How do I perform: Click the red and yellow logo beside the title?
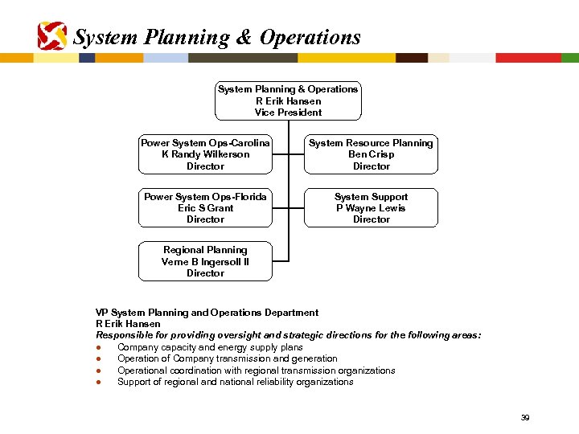(x=52, y=35)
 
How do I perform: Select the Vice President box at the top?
(x=288, y=100)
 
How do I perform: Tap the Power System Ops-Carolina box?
(x=205, y=154)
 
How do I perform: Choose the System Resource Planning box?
(x=371, y=154)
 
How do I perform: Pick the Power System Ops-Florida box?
(x=205, y=207)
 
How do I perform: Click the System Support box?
(x=371, y=207)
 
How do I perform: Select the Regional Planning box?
(x=205, y=261)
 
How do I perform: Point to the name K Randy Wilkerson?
(x=205, y=154)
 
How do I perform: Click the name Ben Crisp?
(x=371, y=154)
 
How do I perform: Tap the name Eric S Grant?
(x=205, y=207)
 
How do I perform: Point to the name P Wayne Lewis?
(x=371, y=207)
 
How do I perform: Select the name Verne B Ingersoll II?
(x=205, y=261)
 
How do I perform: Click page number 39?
(x=524, y=417)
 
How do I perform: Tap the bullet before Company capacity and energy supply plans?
(x=97, y=348)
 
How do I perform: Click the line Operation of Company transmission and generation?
(x=228, y=358)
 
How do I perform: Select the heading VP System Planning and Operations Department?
(x=207, y=313)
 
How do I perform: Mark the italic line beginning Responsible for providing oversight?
(x=289, y=335)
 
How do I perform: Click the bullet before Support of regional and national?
(x=97, y=383)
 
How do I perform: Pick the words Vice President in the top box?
(x=288, y=113)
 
